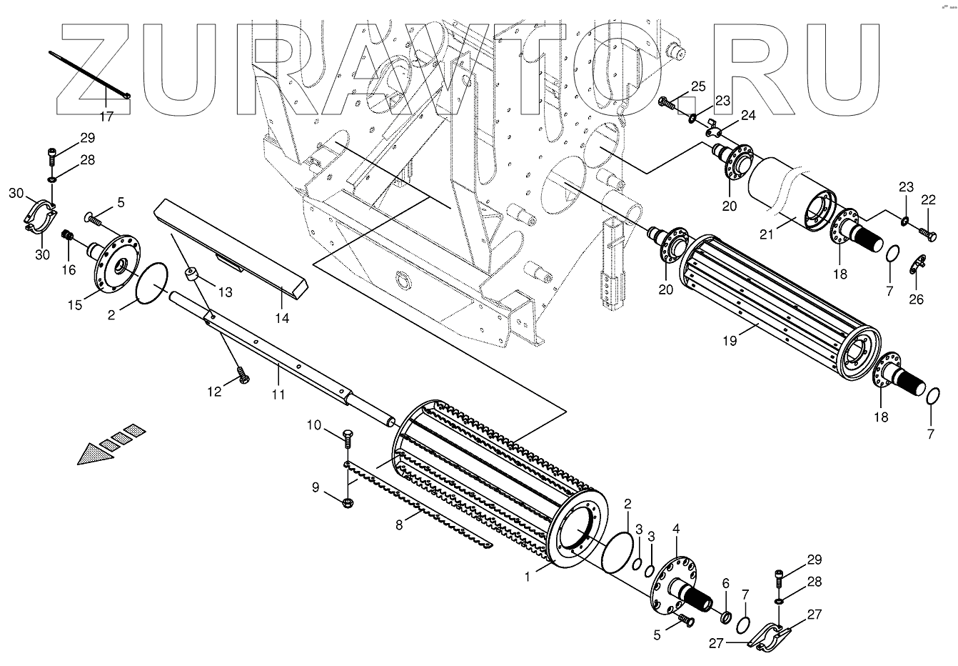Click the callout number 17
[x=106, y=116]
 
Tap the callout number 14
[x=283, y=318]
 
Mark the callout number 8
[x=400, y=525]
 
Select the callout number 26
[x=917, y=299]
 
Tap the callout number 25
[x=697, y=86]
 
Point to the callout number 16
[x=69, y=269]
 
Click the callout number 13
[x=225, y=292]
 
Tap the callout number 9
[x=315, y=487]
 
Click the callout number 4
[x=675, y=530]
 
